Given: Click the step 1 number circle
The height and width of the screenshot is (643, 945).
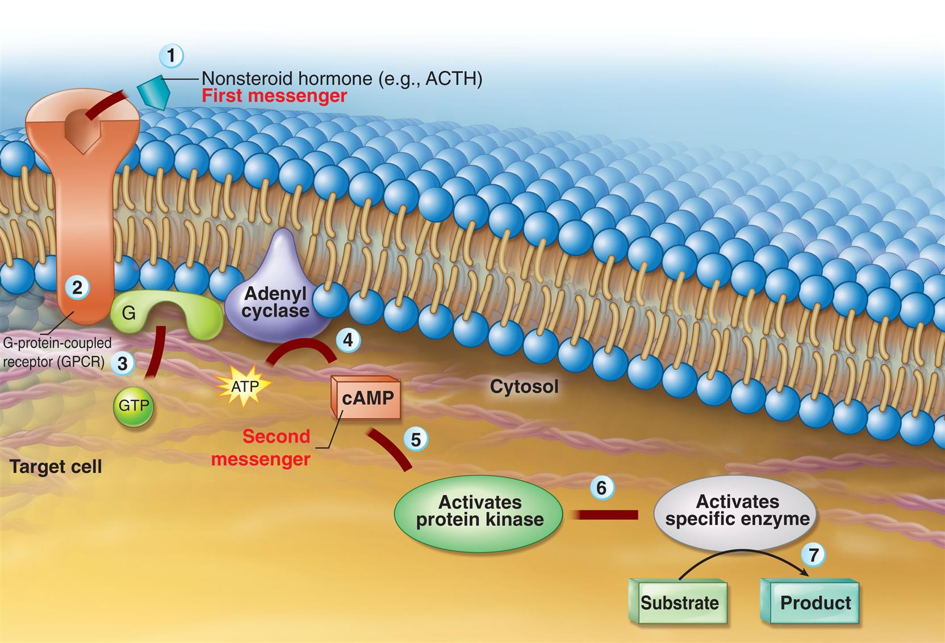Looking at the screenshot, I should pyautogui.click(x=172, y=56).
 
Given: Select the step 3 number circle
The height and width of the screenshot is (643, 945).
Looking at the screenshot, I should pyautogui.click(x=122, y=362).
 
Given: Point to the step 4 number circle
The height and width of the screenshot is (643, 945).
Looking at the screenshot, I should pyautogui.click(x=348, y=340).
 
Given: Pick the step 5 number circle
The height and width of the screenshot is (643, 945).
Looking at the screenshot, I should pyautogui.click(x=416, y=440).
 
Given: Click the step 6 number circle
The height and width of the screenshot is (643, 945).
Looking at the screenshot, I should pyautogui.click(x=601, y=488).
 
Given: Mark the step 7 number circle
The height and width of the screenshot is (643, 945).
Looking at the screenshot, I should pyautogui.click(x=813, y=554).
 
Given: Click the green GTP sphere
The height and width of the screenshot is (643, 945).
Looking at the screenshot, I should pyautogui.click(x=133, y=406).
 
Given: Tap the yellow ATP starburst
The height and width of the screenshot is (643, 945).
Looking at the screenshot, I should pyautogui.click(x=245, y=387).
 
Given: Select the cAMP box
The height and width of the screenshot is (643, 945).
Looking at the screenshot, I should pyautogui.click(x=367, y=398).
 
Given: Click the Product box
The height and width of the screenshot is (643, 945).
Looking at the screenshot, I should pyautogui.click(x=812, y=602).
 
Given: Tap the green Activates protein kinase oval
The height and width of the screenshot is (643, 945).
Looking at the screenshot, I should pyautogui.click(x=479, y=511).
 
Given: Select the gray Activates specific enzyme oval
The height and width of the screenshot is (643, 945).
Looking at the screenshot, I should pyautogui.click(x=737, y=511).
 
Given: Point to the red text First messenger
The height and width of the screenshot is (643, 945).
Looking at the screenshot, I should pyautogui.click(x=274, y=95).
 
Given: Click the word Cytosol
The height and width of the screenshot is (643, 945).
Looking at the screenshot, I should pyautogui.click(x=524, y=387).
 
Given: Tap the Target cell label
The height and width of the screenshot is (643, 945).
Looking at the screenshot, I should pyautogui.click(x=56, y=467).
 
